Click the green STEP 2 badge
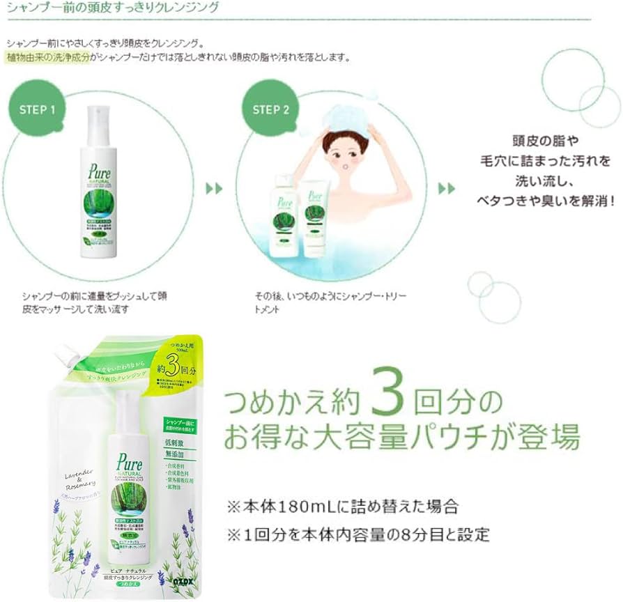coord(270,110)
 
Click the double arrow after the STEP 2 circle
coord(447,189)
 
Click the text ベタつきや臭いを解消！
coord(546,200)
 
